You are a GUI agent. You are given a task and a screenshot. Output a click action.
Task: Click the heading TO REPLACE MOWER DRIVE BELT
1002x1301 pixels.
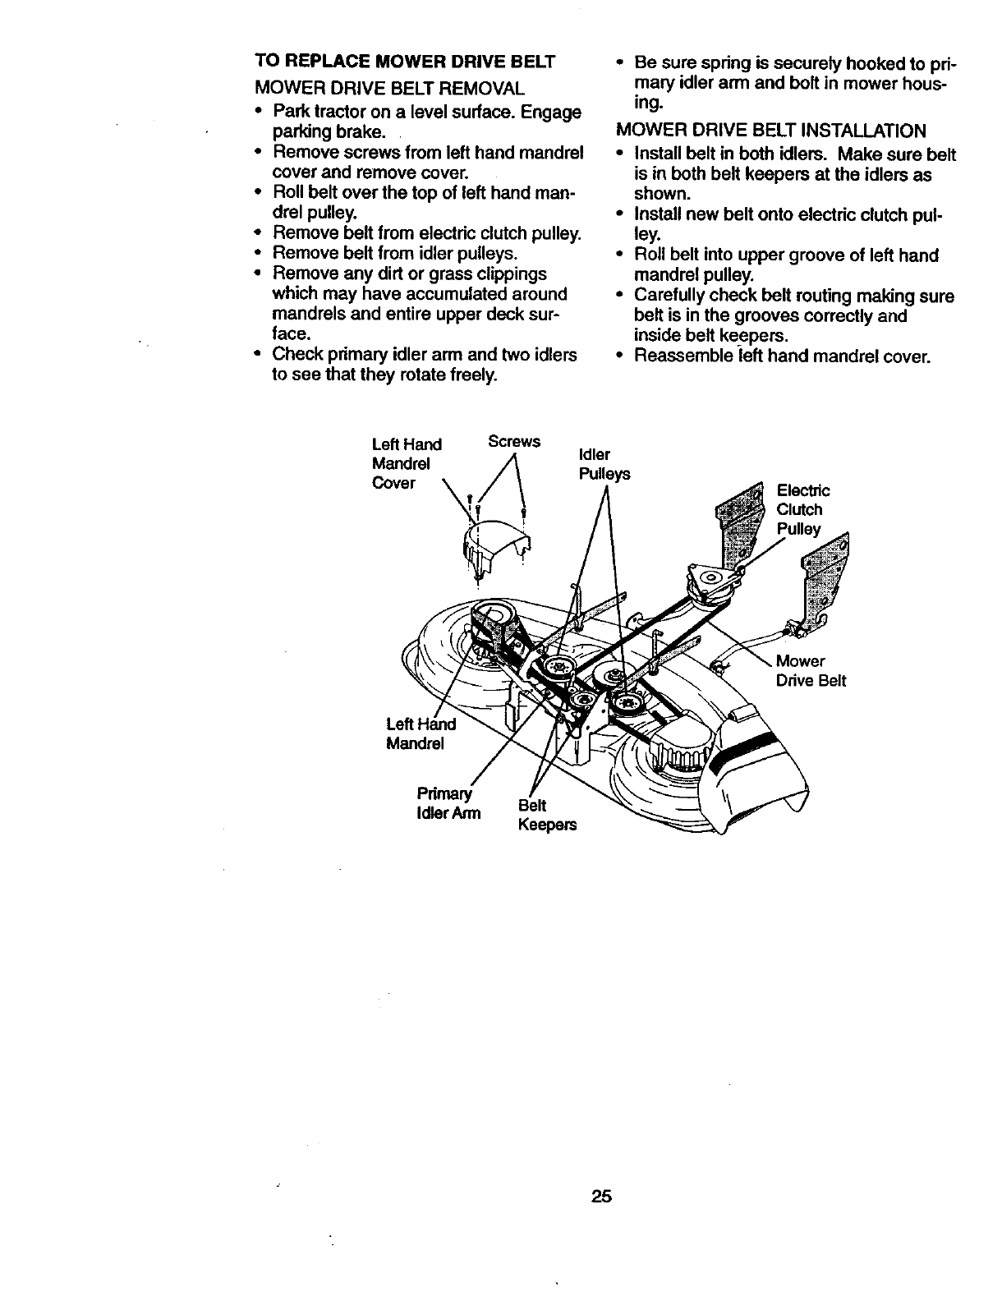click(x=405, y=62)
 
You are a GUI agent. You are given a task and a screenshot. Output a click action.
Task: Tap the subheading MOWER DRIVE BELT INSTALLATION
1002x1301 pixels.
click(x=770, y=131)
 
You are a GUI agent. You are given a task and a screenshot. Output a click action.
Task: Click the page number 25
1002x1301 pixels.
click(x=601, y=1196)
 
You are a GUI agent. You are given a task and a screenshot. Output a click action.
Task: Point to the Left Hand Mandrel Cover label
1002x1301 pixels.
click(x=407, y=463)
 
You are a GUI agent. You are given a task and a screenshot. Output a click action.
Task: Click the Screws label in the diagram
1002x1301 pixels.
click(x=514, y=441)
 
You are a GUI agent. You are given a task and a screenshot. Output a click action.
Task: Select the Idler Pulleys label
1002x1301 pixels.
click(x=604, y=465)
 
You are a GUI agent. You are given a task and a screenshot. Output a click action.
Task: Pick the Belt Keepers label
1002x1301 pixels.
click(x=546, y=816)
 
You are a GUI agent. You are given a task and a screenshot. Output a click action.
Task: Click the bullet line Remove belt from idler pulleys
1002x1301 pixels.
click(x=394, y=253)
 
